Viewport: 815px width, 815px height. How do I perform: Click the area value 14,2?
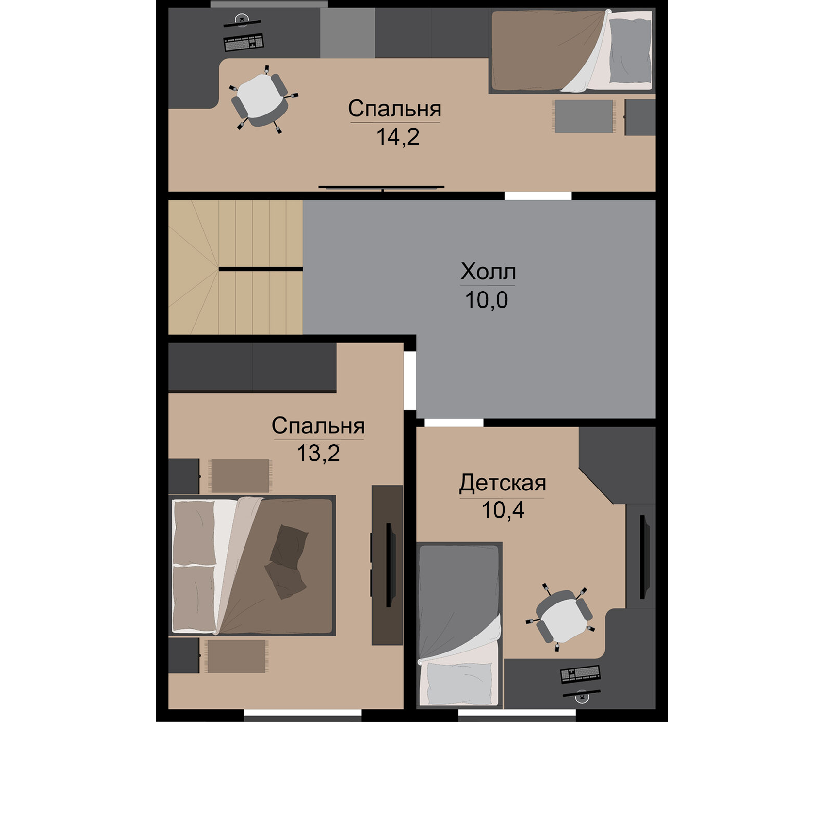pyautogui.click(x=397, y=137)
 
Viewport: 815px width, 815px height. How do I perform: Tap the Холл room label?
pyautogui.click(x=488, y=272)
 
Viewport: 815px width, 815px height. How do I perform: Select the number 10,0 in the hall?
pyautogui.click(x=487, y=300)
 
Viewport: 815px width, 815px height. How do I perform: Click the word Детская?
pyautogui.click(x=503, y=483)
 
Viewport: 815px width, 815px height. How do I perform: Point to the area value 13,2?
pyautogui.click(x=318, y=454)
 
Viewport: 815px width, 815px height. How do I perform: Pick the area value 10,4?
pyautogui.click(x=503, y=510)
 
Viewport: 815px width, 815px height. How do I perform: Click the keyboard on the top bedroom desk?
pyautogui.click(x=244, y=42)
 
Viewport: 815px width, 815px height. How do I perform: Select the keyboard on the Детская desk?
pyautogui.click(x=580, y=673)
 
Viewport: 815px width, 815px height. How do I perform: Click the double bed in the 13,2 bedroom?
pyautogui.click(x=252, y=565)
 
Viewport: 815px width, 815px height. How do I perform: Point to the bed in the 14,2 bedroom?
pyautogui.click(x=572, y=51)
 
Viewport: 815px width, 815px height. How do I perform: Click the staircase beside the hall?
pyautogui.click(x=236, y=267)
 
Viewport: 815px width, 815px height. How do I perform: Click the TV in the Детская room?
pyautogui.click(x=645, y=556)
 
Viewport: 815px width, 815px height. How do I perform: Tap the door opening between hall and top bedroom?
pyautogui.click(x=538, y=196)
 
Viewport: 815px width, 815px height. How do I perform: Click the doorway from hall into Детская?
pyautogui.click(x=450, y=423)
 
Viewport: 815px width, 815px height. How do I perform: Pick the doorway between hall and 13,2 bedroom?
pyautogui.click(x=410, y=381)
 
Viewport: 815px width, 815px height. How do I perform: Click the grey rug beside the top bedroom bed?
pyautogui.click(x=584, y=116)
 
